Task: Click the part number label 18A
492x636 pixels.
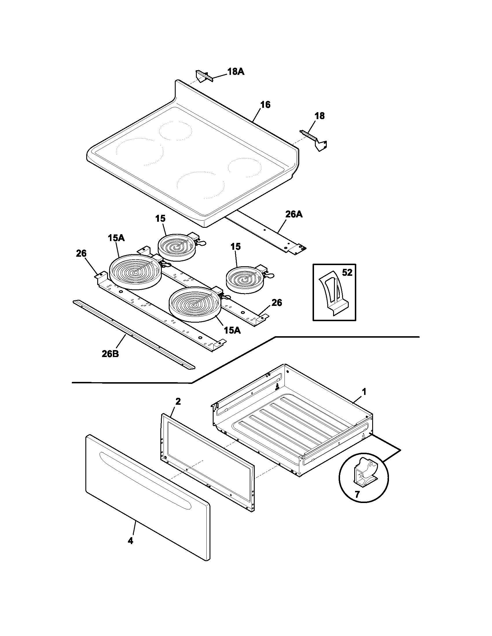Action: pos(236,72)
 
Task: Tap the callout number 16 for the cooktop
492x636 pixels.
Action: pos(265,105)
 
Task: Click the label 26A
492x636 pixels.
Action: pos(294,214)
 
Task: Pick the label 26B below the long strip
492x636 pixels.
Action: pos(110,354)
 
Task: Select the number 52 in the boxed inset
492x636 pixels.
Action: pos(347,273)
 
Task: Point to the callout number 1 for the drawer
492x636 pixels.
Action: pos(364,392)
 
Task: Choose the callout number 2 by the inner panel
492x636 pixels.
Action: pos(178,402)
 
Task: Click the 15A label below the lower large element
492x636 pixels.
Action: pos(232,330)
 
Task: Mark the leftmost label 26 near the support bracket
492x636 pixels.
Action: pos(81,253)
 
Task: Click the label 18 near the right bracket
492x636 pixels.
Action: pos(320,116)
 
